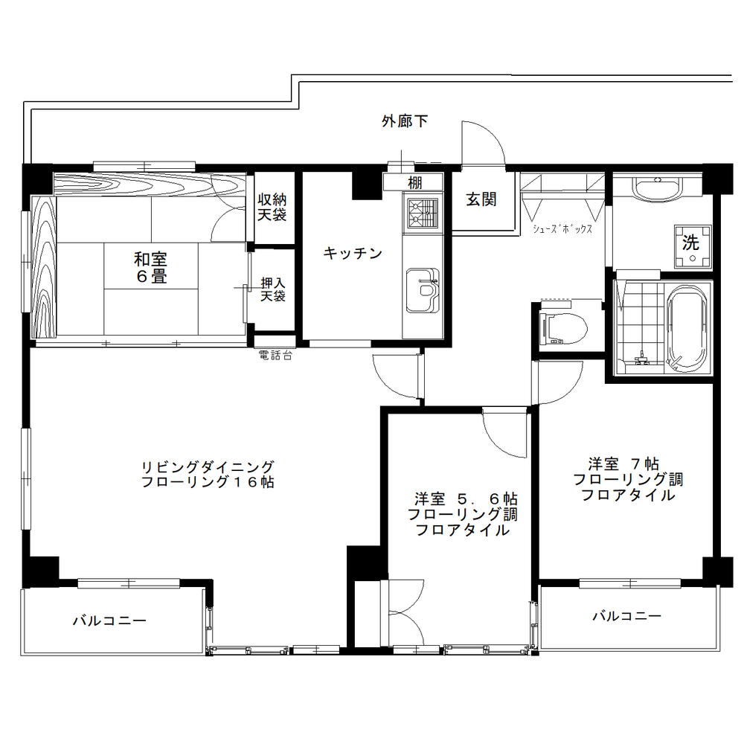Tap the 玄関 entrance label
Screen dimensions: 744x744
click(x=481, y=199)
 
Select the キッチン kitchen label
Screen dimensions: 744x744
click(x=353, y=254)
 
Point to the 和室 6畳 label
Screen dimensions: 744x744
click(x=150, y=268)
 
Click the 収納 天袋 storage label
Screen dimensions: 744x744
click(x=272, y=208)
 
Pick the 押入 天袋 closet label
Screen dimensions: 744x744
click(x=272, y=289)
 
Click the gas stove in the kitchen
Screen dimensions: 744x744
click(x=423, y=211)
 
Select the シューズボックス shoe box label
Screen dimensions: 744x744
click(x=562, y=229)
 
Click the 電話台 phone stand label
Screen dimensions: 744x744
click(x=274, y=356)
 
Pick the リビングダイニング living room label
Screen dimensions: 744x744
click(x=208, y=474)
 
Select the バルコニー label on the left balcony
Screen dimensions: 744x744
click(x=109, y=620)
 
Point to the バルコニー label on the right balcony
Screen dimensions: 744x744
click(x=626, y=616)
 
